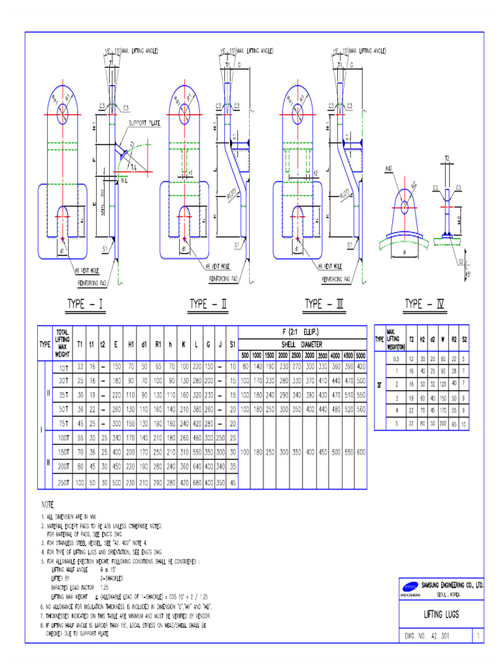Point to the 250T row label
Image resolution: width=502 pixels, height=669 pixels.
63,482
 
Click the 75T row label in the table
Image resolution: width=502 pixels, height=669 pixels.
63,423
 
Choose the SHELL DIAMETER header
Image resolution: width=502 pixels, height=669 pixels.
303,345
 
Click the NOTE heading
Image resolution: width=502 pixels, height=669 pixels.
48,504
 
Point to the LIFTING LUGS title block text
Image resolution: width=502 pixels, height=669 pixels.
441,615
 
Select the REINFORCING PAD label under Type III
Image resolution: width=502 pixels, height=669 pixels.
336,279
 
